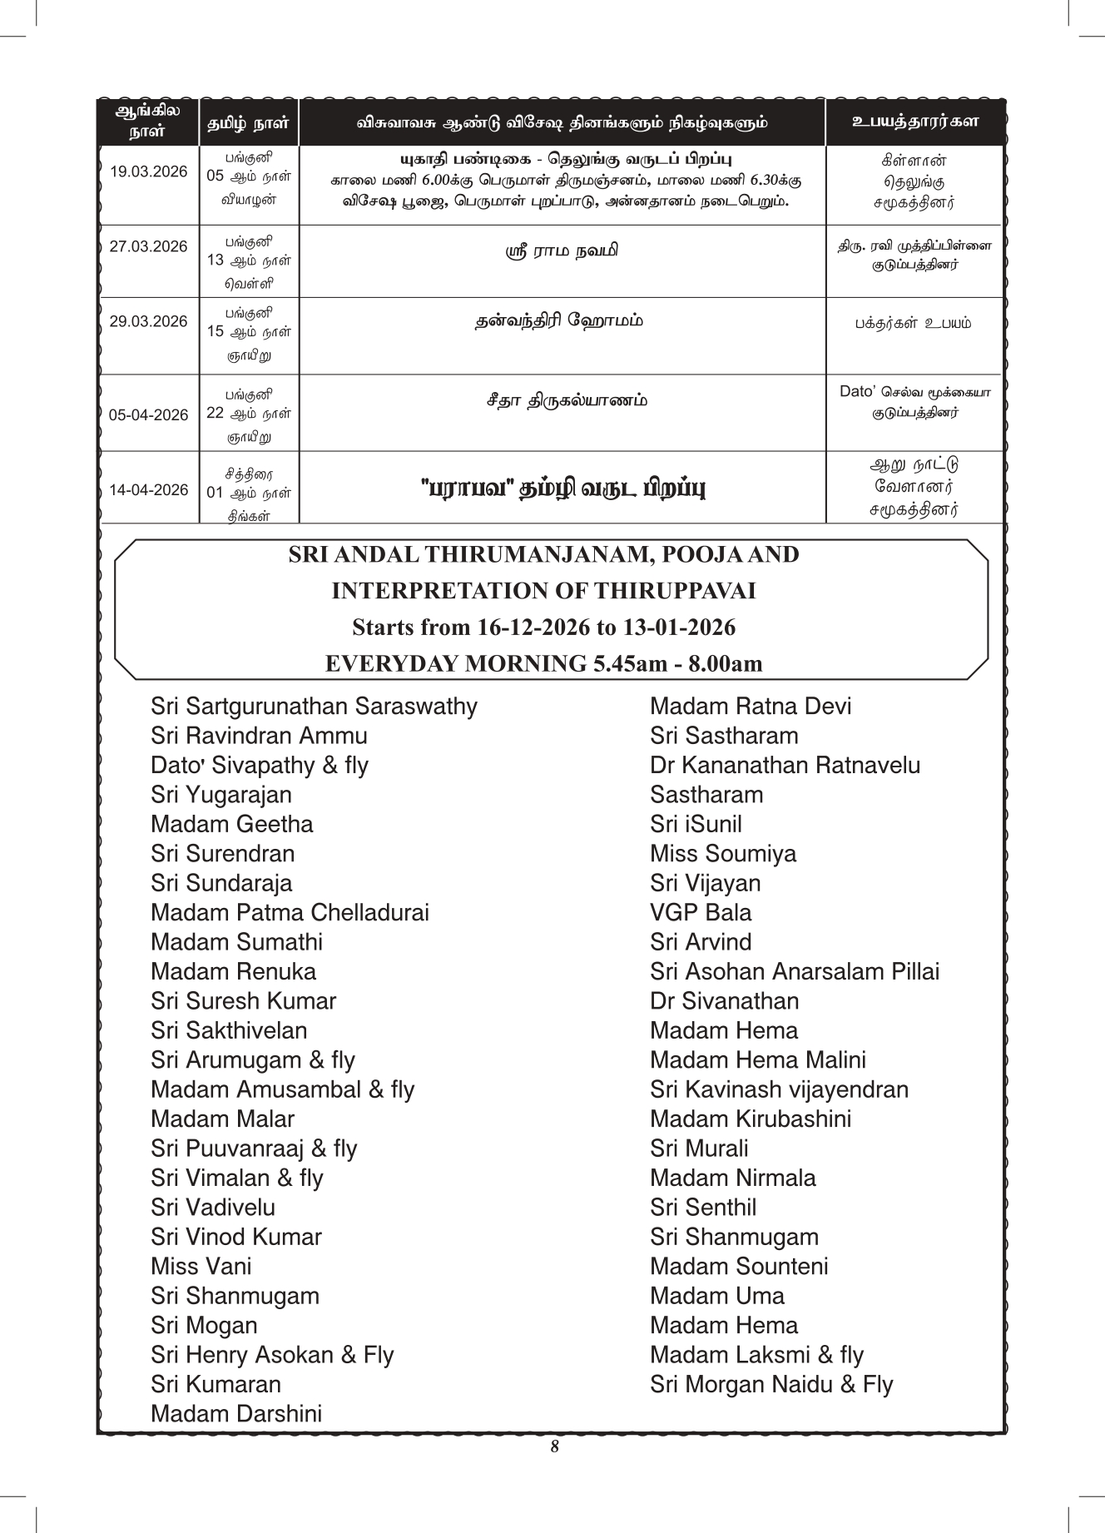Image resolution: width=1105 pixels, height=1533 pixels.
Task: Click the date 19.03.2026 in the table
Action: (149, 172)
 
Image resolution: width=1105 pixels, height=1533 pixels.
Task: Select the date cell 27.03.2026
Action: (149, 246)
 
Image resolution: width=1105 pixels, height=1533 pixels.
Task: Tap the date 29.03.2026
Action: (149, 321)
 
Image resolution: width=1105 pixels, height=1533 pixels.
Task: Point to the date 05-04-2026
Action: (149, 414)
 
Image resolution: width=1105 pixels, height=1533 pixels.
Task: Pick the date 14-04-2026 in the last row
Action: (149, 490)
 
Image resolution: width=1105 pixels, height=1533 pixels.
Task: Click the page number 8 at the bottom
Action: (554, 1446)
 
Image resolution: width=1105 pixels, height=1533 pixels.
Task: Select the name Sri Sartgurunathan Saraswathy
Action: (314, 707)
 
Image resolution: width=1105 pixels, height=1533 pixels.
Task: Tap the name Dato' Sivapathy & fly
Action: (259, 766)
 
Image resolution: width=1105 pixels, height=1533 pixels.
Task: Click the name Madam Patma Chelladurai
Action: (290, 913)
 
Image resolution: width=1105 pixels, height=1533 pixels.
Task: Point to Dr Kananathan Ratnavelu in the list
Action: (785, 766)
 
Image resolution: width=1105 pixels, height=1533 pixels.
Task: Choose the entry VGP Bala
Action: (700, 913)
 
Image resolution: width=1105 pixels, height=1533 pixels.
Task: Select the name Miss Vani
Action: (201, 1267)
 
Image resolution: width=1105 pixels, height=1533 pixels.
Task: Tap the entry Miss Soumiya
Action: (722, 854)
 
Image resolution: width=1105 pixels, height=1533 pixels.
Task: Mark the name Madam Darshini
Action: (236, 1414)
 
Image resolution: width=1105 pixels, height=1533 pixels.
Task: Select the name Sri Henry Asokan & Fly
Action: (272, 1355)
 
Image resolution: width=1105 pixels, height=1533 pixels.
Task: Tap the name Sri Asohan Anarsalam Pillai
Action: (795, 972)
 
